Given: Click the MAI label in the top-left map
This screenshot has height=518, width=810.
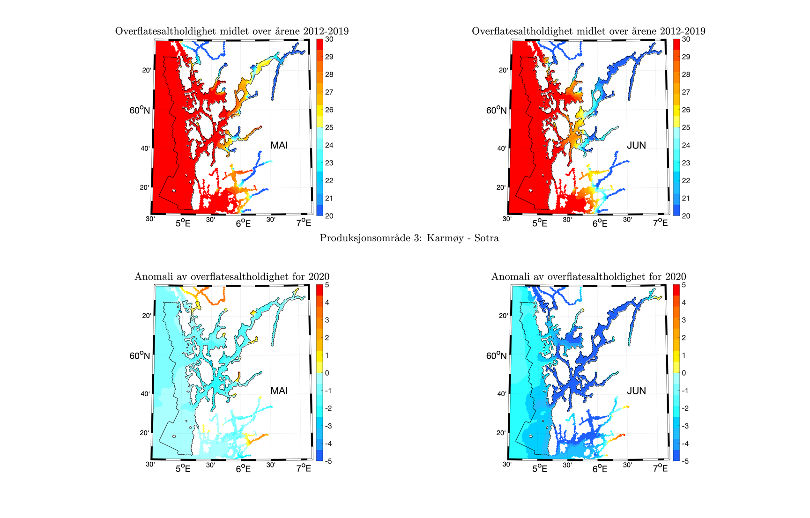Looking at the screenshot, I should pos(279,146).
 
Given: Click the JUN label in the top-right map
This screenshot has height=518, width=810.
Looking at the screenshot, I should pos(636,146).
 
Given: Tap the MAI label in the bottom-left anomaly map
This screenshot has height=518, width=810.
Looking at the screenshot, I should pos(279,391).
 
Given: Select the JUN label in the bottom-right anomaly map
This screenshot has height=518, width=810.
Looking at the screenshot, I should pos(636,391).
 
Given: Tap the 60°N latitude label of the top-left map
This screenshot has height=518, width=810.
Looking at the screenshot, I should pos(140,111).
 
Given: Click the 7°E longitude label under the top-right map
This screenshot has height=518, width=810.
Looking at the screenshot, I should pos(661,223).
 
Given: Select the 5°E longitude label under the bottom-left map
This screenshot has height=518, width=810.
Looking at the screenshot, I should pos(183,468).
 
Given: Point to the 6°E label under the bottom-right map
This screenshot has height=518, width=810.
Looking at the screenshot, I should pos(600,468).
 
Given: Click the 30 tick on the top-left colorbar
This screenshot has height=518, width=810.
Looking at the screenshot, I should pos(329,39).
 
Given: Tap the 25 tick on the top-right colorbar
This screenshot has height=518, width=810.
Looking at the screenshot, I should pos(686,127).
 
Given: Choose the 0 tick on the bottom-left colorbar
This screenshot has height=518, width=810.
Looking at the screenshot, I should pos(327,373).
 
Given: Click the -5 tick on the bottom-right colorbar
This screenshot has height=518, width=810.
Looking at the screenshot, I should pos(684,461).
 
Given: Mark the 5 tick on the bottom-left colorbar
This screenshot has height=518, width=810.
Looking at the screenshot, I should pos(327,285).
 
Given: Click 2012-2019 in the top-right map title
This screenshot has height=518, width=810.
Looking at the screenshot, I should pos(682,31).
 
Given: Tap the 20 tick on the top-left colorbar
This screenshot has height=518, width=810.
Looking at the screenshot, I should pos(329,216).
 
